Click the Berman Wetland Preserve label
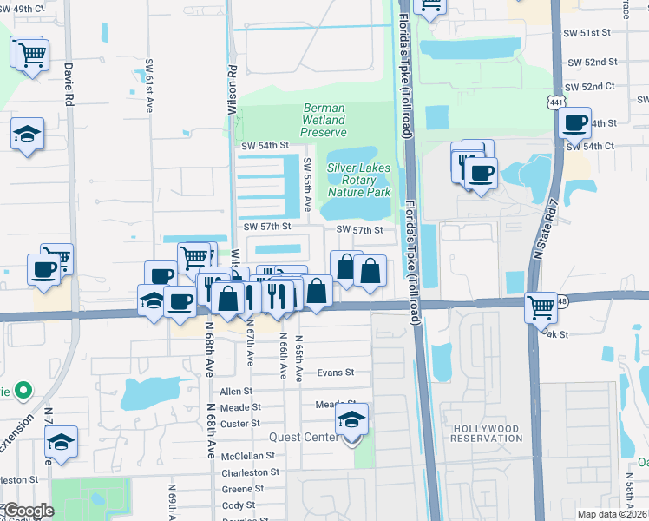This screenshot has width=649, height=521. (323, 121)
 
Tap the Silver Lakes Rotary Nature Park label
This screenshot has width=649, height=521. (359, 180)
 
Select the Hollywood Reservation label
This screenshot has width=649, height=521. (486, 435)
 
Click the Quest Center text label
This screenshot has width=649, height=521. (304, 437)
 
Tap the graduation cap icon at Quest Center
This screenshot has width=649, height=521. (352, 419)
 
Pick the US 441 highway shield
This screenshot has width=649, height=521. (552, 102)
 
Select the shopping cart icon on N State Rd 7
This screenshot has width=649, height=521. (541, 306)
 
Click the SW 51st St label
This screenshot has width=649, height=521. (589, 32)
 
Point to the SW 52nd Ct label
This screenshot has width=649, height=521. (590, 88)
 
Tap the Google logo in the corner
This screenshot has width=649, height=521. (28, 511)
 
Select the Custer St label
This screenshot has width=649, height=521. (242, 424)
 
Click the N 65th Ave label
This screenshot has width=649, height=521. (299, 359)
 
